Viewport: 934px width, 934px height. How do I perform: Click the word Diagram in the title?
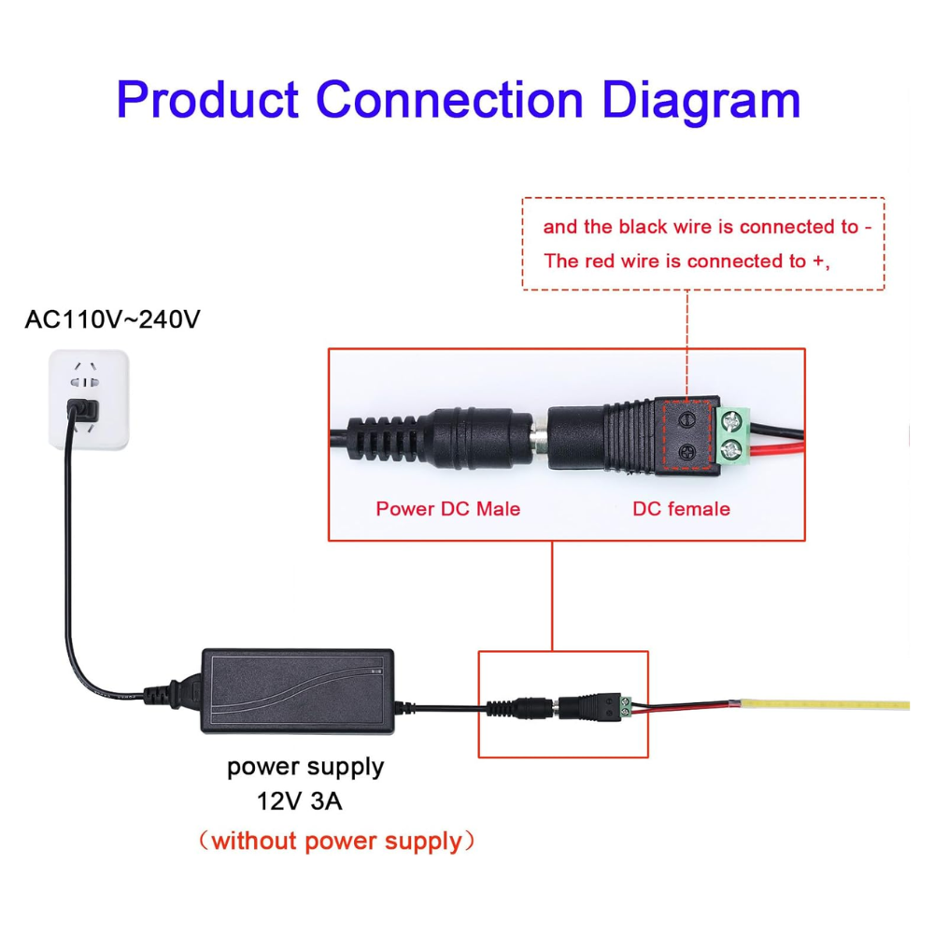[x=700, y=100]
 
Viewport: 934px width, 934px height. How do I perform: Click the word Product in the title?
[x=208, y=100]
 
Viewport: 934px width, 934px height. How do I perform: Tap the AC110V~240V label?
[x=112, y=319]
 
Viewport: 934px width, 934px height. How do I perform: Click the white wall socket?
[x=88, y=400]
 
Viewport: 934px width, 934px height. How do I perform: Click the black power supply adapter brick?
[x=297, y=689]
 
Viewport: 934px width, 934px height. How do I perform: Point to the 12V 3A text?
[x=305, y=801]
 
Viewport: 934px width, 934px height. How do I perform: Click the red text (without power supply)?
[x=337, y=841]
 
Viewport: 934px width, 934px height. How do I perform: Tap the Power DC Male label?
[x=447, y=509]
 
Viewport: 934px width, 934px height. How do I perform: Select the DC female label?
[x=681, y=509]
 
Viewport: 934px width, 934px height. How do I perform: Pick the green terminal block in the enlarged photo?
[x=735, y=436]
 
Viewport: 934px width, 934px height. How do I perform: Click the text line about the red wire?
[x=686, y=262]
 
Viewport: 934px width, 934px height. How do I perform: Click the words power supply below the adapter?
[x=305, y=768]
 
